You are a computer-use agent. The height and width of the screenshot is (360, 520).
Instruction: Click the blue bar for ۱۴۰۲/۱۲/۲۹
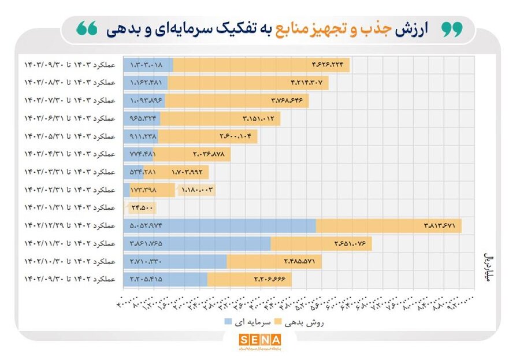click(x=220, y=225)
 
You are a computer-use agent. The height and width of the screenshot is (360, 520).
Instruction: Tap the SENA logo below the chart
click(x=259, y=341)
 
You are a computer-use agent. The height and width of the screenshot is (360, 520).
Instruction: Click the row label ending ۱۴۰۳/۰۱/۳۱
click(x=69, y=207)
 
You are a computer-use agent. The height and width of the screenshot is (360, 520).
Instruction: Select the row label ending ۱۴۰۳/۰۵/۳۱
click(x=69, y=136)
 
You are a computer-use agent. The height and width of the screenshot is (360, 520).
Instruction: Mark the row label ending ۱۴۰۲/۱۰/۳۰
click(x=69, y=261)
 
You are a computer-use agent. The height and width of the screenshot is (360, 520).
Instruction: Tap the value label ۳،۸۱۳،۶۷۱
click(x=439, y=226)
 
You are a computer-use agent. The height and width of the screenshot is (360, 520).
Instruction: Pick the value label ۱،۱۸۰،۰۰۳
click(x=198, y=190)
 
